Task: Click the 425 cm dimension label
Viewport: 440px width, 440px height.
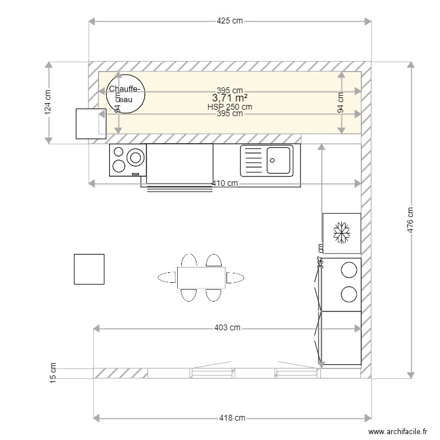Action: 229,22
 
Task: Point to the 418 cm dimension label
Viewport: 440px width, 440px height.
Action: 232,418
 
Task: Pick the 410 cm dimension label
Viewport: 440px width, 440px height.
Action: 225,184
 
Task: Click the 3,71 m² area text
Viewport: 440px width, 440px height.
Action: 229,98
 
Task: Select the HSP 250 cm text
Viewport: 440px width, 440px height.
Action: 229,107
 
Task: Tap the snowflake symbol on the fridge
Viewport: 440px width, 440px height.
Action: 341,233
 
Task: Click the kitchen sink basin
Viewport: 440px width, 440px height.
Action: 278,160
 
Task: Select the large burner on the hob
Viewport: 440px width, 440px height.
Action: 136,157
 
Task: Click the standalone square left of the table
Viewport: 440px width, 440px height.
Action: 89,269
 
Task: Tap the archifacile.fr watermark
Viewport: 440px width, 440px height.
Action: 398,432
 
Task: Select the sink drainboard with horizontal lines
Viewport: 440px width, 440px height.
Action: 253,160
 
